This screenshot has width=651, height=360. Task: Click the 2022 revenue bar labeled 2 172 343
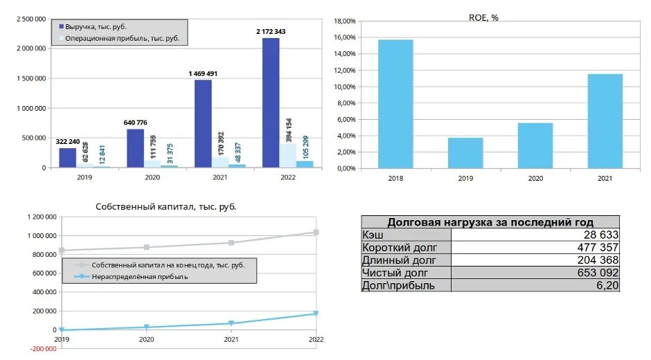[x=271, y=102]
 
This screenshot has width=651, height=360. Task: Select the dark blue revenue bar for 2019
[x=67, y=158]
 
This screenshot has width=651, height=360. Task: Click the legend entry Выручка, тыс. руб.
[x=97, y=26]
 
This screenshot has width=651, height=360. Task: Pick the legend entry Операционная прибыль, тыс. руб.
[x=122, y=39]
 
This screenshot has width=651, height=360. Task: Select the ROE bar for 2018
[x=395, y=104]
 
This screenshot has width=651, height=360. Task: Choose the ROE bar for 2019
[x=465, y=152]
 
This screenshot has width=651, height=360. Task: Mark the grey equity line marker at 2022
[x=316, y=232]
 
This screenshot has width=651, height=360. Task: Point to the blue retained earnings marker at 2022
[x=316, y=314]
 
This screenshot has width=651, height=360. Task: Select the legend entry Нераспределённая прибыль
[x=139, y=277]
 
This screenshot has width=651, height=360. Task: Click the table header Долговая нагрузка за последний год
[x=490, y=222]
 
